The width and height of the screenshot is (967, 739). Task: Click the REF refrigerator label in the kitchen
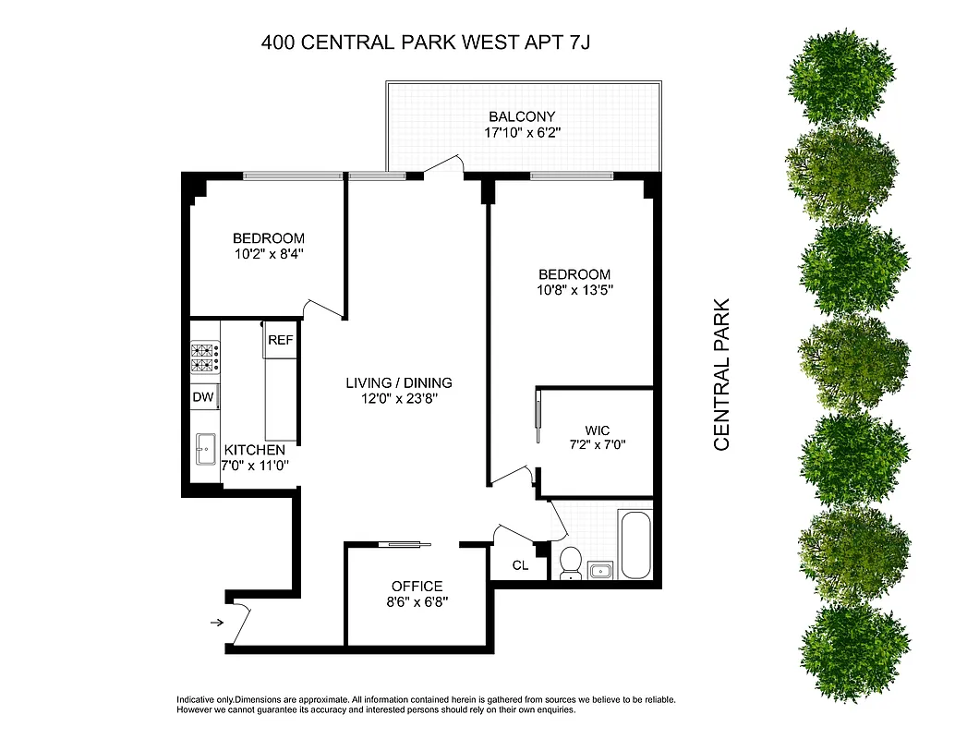280,340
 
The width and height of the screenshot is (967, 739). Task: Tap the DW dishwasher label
203,397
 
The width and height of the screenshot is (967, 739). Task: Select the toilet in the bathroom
570,561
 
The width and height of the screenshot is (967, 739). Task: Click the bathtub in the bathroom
636,542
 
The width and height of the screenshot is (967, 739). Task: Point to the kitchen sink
204,451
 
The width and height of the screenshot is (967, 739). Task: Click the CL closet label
520,565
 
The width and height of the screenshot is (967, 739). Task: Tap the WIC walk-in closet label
596,430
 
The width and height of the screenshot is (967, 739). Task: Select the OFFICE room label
417,586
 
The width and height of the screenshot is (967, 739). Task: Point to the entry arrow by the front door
217,623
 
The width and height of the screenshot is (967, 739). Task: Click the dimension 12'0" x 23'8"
399,399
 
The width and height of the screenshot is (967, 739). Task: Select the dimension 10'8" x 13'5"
575,290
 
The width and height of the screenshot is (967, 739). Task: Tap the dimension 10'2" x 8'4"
269,254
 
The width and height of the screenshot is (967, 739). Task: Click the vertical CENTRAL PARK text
721,373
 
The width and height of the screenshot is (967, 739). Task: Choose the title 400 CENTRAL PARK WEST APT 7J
433,42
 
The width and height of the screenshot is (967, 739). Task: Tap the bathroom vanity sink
601,570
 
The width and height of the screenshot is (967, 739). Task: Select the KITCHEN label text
255,450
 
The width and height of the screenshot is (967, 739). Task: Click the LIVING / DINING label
399,382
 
